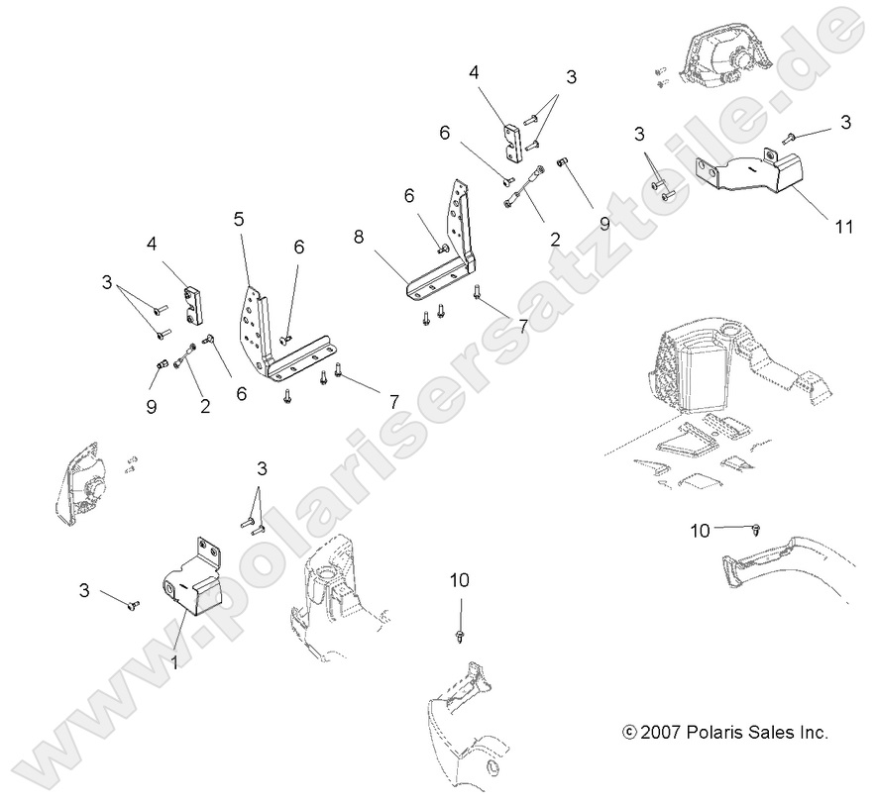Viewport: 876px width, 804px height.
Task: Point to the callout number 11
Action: (843, 227)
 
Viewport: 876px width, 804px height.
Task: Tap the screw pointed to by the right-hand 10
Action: (757, 527)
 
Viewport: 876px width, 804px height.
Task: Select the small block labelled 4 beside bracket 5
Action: (191, 305)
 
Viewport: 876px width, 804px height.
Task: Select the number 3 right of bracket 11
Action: (844, 122)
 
